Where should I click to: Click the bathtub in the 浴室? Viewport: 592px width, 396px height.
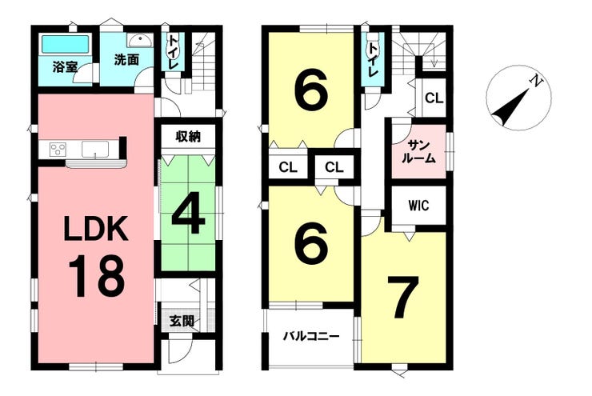coord(66,44)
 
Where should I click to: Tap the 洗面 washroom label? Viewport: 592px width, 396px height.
coord(126,60)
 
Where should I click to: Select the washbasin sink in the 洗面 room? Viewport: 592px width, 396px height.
coord(140,40)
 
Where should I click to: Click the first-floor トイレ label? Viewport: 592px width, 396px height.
coord(173,52)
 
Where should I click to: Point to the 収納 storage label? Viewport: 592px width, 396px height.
coord(188,136)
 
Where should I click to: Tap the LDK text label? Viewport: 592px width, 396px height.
coord(96,229)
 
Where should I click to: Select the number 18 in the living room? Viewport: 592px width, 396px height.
coord(96,276)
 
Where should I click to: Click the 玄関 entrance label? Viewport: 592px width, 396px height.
coord(182,322)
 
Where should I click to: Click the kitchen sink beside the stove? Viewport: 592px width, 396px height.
coord(95,148)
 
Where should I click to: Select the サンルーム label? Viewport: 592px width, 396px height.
coord(418,151)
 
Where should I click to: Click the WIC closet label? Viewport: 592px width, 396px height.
coord(418,206)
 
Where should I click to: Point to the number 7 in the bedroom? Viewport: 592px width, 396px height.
coord(403,297)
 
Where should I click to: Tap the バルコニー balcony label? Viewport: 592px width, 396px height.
coord(312,335)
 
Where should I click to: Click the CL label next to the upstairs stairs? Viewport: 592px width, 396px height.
coord(434,98)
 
